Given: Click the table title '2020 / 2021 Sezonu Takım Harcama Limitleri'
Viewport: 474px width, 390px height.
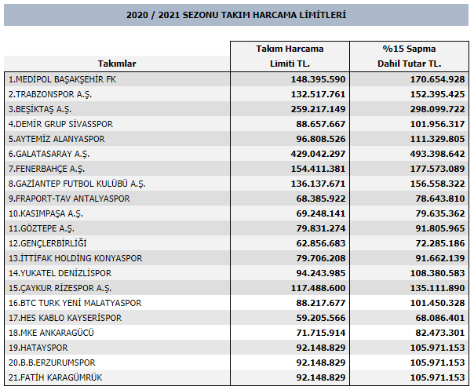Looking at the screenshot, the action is (x=236, y=15).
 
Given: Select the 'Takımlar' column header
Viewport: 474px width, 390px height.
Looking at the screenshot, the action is (x=117, y=64).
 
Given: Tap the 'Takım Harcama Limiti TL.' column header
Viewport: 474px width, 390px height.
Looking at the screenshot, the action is (x=290, y=56).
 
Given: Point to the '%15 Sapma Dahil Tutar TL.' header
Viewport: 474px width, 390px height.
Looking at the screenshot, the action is (x=410, y=56).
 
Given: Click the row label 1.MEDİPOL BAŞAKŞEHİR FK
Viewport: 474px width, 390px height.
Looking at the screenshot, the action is (x=62, y=79).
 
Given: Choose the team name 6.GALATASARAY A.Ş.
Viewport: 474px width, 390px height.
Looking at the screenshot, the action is (x=49, y=154).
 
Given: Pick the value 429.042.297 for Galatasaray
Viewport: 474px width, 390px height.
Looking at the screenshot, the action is (x=318, y=154).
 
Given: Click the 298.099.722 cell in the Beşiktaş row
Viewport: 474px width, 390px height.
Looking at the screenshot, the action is (x=437, y=109).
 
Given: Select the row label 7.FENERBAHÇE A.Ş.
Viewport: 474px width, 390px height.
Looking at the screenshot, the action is (x=46, y=169).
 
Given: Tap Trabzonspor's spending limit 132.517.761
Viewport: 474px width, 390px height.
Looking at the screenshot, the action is (x=318, y=94).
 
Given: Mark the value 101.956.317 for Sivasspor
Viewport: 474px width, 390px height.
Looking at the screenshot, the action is (x=437, y=124).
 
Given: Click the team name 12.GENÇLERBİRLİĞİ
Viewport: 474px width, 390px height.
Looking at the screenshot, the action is (x=47, y=243).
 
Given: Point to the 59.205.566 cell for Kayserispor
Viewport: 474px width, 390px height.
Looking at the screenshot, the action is (x=321, y=318).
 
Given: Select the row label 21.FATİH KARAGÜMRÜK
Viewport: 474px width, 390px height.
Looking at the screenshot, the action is (x=55, y=377).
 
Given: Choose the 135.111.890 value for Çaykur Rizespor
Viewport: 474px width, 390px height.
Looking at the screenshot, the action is (x=437, y=288).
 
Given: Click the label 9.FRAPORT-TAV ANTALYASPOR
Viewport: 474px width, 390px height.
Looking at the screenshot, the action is (x=69, y=199).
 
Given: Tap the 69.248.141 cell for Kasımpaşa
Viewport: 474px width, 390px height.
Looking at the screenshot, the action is (x=321, y=213).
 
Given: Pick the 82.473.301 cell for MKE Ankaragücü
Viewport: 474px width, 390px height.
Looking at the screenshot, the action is (x=439, y=333).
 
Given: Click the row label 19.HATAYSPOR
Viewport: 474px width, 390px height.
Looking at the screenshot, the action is (x=38, y=348).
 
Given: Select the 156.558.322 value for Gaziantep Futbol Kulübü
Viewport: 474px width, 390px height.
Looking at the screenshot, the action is (x=437, y=184).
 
